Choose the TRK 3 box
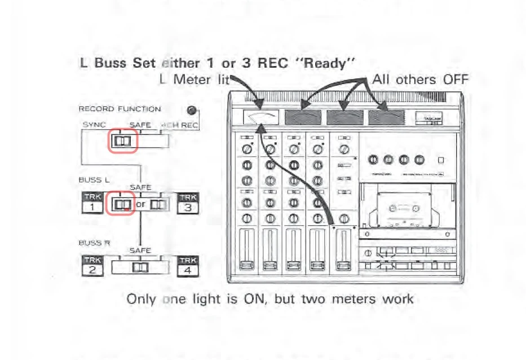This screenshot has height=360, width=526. click(188, 203)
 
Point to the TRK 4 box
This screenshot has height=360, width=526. click(188, 266)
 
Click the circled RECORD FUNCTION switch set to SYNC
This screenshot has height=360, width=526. click(123, 141)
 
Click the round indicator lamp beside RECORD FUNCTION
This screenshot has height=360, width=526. click(192, 110)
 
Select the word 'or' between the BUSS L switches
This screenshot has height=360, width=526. click(141, 204)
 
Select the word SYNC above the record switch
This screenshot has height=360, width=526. click(94, 125)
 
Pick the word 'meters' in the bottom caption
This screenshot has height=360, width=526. click(352, 299)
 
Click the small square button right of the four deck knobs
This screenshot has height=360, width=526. click(441, 160)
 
